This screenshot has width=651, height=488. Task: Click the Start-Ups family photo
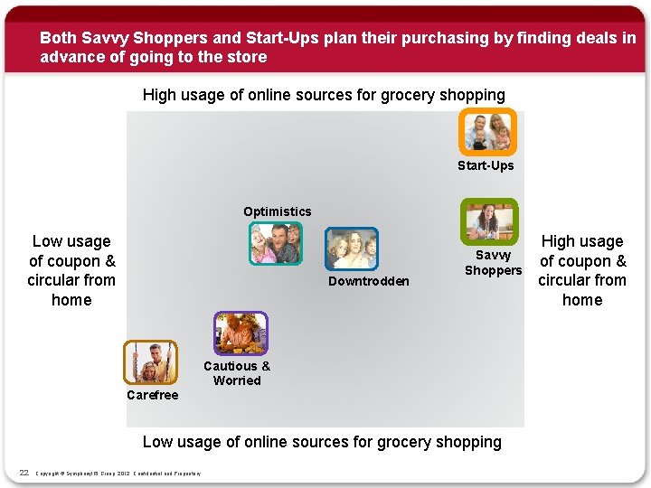click(x=487, y=132)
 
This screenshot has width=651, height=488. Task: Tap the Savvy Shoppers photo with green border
click(x=489, y=221)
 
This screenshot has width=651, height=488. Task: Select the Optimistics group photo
click(x=276, y=243)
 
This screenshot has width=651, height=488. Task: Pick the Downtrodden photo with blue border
click(x=351, y=249)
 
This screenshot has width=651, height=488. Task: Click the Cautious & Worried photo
click(x=241, y=333)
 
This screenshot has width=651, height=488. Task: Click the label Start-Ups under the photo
click(x=486, y=165)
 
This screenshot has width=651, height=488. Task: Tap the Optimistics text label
click(x=277, y=211)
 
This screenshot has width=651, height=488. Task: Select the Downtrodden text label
click(x=368, y=282)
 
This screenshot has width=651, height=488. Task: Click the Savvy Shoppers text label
click(x=493, y=263)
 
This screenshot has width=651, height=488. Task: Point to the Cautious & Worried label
click(x=237, y=373)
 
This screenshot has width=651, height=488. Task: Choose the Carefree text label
click(x=153, y=395)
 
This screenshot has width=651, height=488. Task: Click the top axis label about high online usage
click(x=324, y=95)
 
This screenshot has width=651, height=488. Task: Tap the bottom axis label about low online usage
click(x=322, y=442)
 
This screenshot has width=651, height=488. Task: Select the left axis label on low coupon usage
click(x=71, y=270)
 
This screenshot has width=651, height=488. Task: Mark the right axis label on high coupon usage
click(x=582, y=270)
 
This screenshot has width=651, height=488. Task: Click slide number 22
click(x=24, y=472)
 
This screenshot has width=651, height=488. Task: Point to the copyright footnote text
click(x=118, y=473)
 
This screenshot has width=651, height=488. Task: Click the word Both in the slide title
click(x=58, y=38)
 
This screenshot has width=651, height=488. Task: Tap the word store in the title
click(x=249, y=57)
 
